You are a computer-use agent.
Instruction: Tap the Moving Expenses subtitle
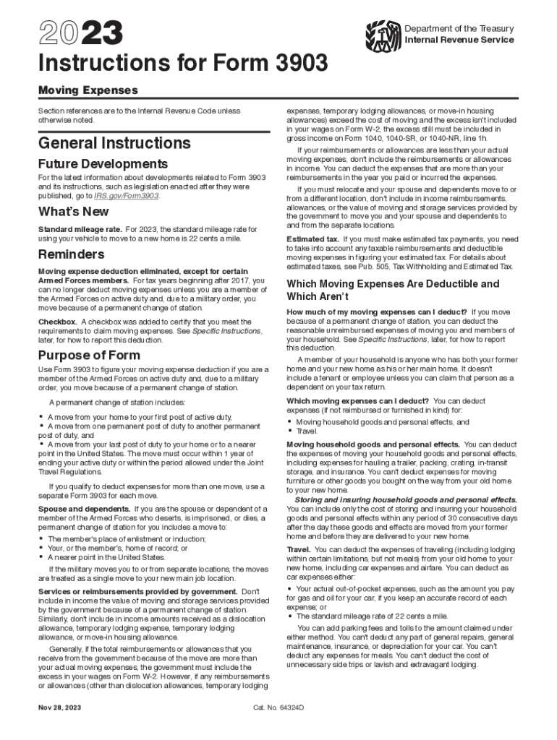pyautogui.click(x=88, y=91)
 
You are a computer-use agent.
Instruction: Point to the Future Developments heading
pyautogui.click(x=103, y=164)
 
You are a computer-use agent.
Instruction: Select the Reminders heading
pyautogui.click(x=72, y=254)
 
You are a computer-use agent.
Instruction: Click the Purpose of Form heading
pyautogui.click(x=89, y=355)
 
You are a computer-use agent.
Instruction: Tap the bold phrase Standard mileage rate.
pyautogui.click(x=80, y=229)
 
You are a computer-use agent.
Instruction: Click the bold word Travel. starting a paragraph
pyautogui.click(x=299, y=550)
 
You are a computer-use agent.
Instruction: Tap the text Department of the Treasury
pyautogui.click(x=459, y=28)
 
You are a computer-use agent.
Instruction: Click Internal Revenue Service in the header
pyautogui.click(x=459, y=40)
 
